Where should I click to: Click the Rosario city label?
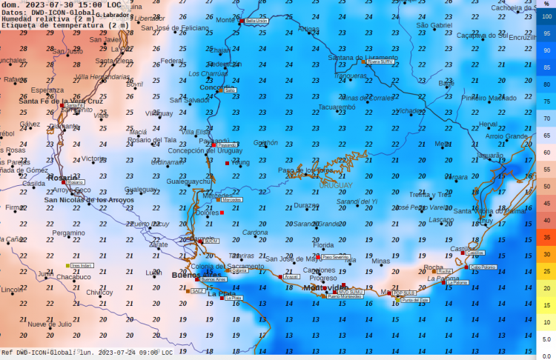click(62, 178)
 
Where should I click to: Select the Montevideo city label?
click(324, 287)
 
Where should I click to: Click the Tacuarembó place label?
click(337, 107)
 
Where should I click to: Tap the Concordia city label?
click(216, 87)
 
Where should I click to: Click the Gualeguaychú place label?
click(191, 181)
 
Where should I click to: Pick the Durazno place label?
click(306, 205)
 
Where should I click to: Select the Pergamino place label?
click(68, 233)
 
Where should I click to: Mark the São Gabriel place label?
click(434, 25)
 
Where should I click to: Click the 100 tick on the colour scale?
click(546, 17)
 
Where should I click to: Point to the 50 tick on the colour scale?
click(546, 185)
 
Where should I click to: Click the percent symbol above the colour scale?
click(546, 4)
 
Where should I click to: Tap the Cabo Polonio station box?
click(483, 267)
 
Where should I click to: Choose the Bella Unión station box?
click(256, 21)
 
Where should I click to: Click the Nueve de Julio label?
click(50, 324)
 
